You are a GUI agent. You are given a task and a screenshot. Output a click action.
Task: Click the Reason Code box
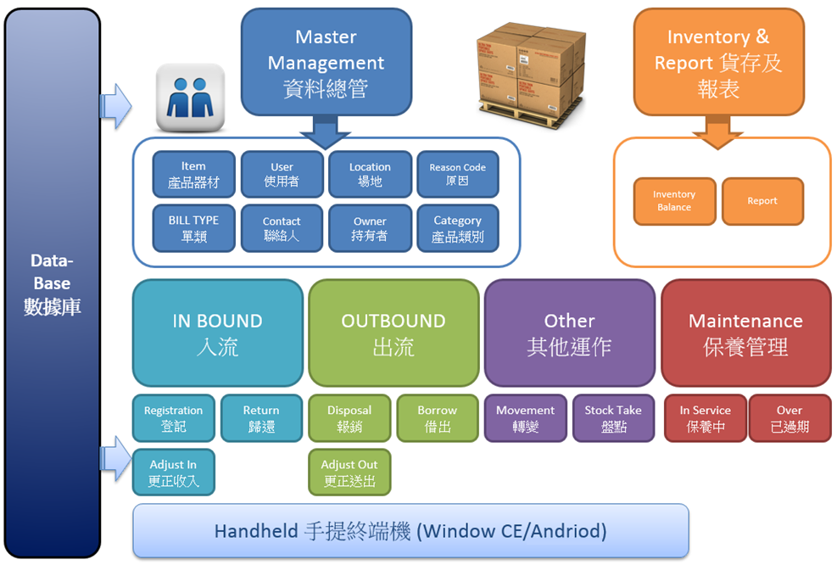tap(457, 174)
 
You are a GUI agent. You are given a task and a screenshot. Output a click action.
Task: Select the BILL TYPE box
tap(193, 228)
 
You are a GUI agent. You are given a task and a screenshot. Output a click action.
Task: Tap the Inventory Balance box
tap(674, 201)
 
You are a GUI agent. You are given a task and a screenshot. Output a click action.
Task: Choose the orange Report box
tap(762, 201)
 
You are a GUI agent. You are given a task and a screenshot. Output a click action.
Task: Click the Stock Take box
tap(613, 418)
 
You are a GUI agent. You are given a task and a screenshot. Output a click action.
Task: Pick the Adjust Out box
tap(349, 472)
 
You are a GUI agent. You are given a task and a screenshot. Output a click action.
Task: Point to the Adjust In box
tap(174, 472)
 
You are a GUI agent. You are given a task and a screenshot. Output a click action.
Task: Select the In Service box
tap(706, 418)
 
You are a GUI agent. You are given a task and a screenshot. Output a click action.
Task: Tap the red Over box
tap(790, 418)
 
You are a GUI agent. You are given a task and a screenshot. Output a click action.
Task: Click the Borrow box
tap(438, 418)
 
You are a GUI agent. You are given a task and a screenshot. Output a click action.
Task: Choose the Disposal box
tap(349, 418)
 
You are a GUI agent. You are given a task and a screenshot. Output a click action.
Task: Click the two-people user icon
tap(190, 98)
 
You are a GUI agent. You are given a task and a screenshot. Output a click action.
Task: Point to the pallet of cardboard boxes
tap(531, 75)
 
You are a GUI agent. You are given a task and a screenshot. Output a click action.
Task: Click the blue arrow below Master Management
tap(325, 131)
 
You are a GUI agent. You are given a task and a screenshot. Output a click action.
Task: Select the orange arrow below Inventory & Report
tap(717, 131)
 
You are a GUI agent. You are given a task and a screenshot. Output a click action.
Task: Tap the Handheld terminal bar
tap(410, 531)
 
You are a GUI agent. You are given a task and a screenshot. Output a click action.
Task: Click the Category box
tap(457, 228)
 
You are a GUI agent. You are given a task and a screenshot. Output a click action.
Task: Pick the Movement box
tap(525, 418)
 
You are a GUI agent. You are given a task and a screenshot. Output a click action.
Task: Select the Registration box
tap(174, 418)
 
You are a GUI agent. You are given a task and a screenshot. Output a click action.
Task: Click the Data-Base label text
tap(52, 283)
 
